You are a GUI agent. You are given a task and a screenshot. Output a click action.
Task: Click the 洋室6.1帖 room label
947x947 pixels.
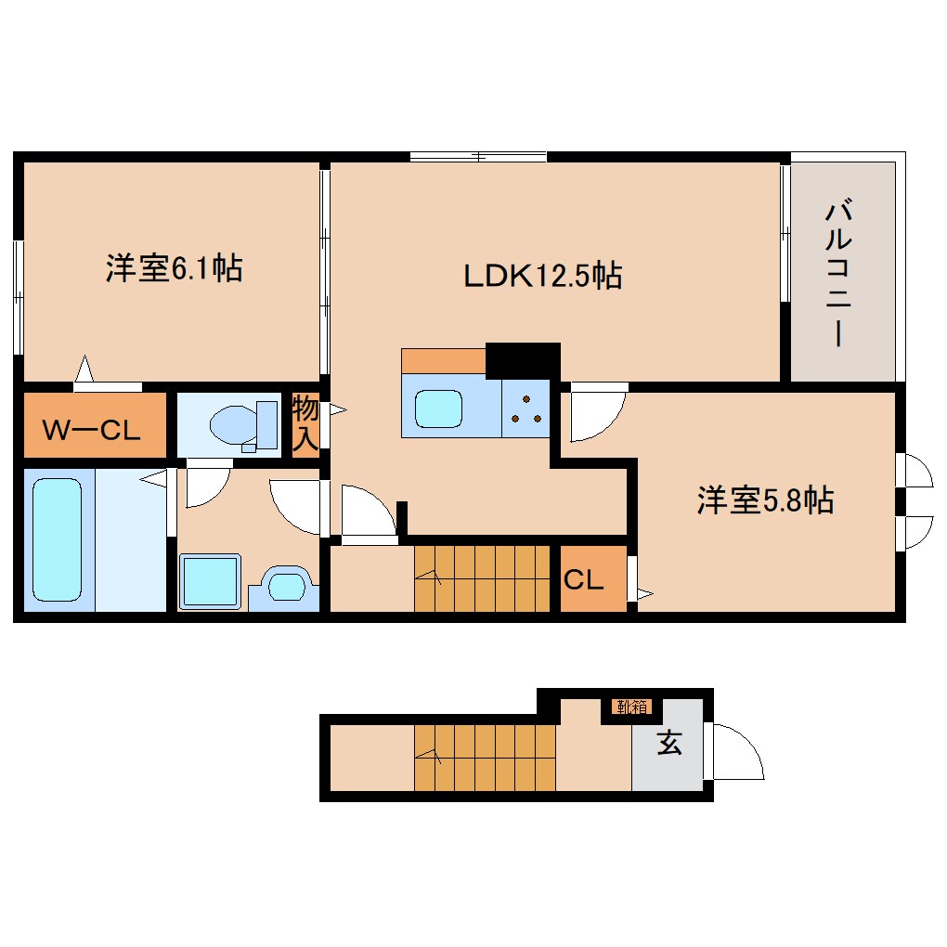tap(174, 269)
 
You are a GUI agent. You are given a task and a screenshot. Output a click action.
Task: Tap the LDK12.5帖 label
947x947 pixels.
tap(543, 275)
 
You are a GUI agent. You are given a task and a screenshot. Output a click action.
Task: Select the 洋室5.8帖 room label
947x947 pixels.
tap(765, 500)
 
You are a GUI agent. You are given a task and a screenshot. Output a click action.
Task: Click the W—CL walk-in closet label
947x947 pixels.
tap(91, 430)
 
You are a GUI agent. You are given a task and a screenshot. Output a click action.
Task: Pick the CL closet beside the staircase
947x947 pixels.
tap(584, 580)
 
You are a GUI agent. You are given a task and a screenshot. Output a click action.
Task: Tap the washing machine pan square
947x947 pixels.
tap(210, 581)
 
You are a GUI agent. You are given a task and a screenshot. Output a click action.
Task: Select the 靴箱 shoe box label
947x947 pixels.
tap(630, 707)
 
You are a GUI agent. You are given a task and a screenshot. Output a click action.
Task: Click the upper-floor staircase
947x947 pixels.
tap(482, 577)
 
